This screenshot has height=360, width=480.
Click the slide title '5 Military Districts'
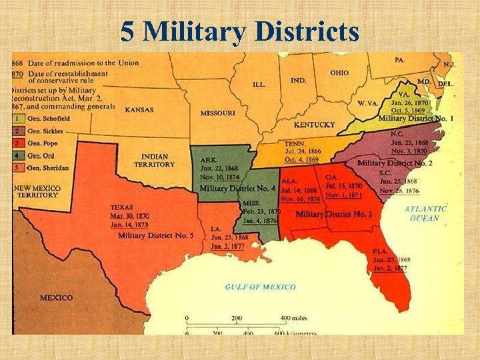pyautogui.click(x=240, y=31)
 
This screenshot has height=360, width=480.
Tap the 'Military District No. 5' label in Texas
pyautogui.click(x=155, y=235)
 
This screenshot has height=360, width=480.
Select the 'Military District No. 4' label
pyautogui.click(x=237, y=189)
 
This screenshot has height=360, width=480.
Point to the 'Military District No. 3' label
pyautogui.click(x=333, y=214)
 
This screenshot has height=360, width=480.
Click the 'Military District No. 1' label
pyautogui.click(x=416, y=118)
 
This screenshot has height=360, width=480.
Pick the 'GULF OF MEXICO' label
pyautogui.click(x=260, y=287)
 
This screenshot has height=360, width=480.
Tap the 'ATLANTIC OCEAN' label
pyautogui.click(x=425, y=213)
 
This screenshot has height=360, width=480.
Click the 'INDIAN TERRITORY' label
pyautogui.click(x=154, y=160)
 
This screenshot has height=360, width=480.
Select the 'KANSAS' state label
pyautogui.click(x=139, y=109)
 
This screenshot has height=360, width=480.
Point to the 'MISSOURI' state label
pyautogui.click(x=217, y=113)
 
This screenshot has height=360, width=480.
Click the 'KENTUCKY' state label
pyautogui.click(x=314, y=125)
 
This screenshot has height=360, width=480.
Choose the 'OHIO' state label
pyautogui.click(x=339, y=72)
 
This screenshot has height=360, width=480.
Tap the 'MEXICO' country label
pyautogui.click(x=56, y=297)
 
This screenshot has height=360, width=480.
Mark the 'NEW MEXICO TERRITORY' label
pyautogui.click(x=37, y=191)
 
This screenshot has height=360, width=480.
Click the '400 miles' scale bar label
pyautogui.click(x=294, y=318)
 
